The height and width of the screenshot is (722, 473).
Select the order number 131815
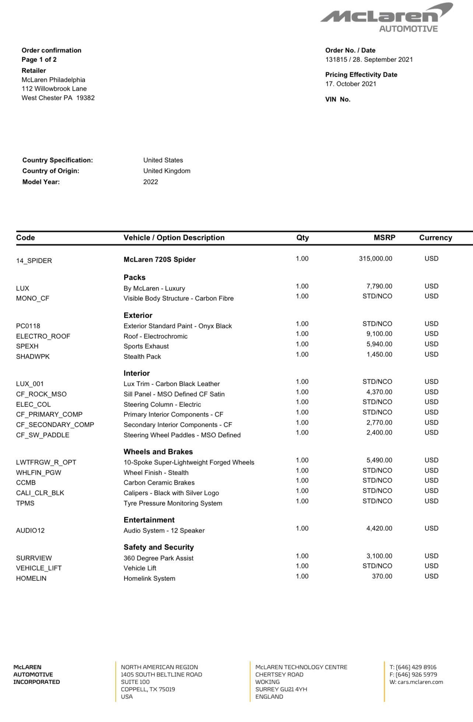tap(336, 60)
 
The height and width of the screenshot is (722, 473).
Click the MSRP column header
tap(384, 238)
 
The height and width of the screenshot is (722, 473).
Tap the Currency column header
tap(435, 238)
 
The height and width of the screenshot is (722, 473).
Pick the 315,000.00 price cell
tap(375, 259)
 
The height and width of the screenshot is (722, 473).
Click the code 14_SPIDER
tap(34, 261)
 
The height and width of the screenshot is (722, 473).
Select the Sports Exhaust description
tap(146, 346)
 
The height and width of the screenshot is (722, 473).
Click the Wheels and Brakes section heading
tap(158, 452)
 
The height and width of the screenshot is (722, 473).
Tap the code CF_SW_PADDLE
tap(42, 435)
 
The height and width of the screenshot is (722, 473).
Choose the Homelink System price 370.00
tap(382, 576)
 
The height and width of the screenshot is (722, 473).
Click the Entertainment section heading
tap(149, 520)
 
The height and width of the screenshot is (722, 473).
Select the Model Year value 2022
tap(150, 182)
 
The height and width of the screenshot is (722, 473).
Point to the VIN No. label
tap(337, 100)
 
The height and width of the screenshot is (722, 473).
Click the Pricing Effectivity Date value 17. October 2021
tap(351, 84)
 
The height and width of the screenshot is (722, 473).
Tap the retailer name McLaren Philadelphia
tap(53, 80)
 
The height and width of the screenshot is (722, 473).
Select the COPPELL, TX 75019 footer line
tap(148, 689)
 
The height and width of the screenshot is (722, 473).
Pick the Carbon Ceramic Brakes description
tap(159, 483)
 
